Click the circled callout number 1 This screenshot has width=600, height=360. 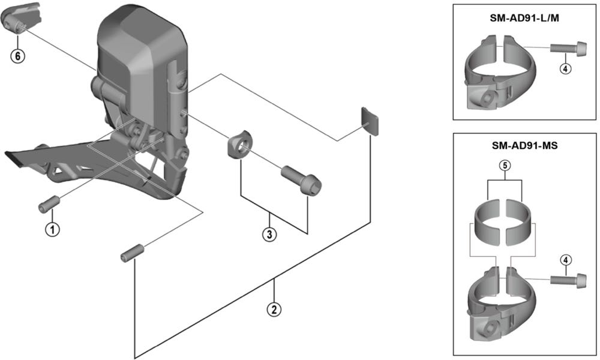pos(52,229)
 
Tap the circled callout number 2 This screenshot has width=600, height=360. pos(274,309)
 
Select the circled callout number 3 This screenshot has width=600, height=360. pos(269,234)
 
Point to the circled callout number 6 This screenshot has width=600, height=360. pos(17,56)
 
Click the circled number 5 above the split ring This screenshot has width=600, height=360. pos(505,166)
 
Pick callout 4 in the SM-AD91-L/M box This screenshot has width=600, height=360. pos(565,69)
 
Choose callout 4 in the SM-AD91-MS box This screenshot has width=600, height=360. pos(565,260)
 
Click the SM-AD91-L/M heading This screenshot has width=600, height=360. pos(524,18)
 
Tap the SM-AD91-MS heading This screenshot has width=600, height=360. pos(524,146)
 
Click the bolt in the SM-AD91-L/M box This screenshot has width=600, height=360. pos(568,48)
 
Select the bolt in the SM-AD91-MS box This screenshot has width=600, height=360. pos(568,280)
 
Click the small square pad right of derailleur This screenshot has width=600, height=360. pos(369,121)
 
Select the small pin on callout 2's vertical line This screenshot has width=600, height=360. pos(133,253)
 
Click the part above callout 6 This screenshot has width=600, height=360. pos(21,18)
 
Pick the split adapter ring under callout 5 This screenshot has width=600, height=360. pos(502,221)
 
